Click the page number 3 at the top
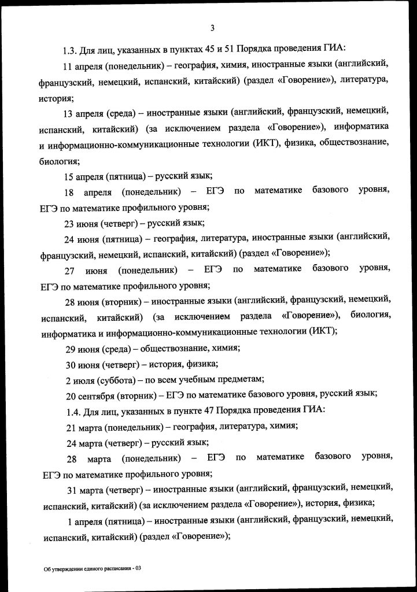tap(212, 28)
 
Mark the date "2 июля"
tap(80, 379)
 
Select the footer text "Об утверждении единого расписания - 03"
tap(93, 569)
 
